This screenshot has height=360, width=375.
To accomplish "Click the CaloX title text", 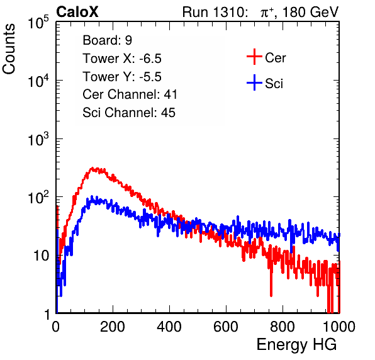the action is click(x=77, y=12).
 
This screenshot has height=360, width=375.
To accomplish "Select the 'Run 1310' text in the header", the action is click(x=213, y=12).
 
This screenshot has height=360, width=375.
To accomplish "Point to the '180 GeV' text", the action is click(x=310, y=12).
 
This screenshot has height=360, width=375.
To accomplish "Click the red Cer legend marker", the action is click(x=254, y=57).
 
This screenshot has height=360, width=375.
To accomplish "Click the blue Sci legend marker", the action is click(x=254, y=83).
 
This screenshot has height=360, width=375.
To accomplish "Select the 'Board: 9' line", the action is click(x=107, y=40).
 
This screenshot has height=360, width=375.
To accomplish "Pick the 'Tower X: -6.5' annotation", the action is click(x=122, y=59).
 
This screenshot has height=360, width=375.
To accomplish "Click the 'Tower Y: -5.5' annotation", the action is click(x=122, y=77).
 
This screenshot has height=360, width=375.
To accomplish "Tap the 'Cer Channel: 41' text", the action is click(x=130, y=94).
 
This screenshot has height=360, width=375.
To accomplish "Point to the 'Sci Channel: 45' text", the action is click(x=129, y=113).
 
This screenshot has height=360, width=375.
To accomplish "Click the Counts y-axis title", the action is click(x=9, y=49).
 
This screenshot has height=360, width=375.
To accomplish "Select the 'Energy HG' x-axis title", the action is click(x=296, y=345).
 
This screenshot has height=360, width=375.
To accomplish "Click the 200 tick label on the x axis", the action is click(x=113, y=327).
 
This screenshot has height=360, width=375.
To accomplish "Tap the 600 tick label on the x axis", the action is click(x=226, y=327).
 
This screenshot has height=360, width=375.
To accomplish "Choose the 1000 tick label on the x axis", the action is click(x=339, y=327).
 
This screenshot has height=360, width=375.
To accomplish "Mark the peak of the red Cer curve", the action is click(x=92, y=168).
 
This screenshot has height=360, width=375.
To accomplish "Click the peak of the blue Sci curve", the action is click(x=92, y=197).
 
